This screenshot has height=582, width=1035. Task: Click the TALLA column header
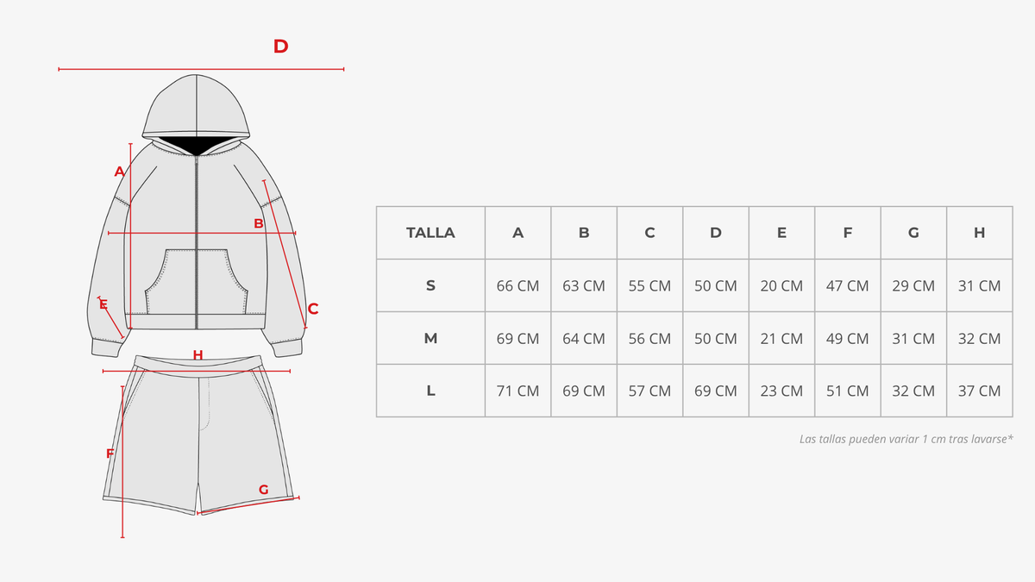[430, 232]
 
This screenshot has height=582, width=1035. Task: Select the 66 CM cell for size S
[517, 286]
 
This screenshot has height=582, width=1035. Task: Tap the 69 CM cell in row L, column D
[715, 391]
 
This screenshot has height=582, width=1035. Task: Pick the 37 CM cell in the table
[979, 391]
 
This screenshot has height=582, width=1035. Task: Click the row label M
[430, 339]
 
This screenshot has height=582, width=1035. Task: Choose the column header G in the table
[913, 232]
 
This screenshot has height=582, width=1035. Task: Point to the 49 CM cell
[847, 339]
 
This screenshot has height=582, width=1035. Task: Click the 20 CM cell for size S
[781, 286]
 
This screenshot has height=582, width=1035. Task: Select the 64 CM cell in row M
[584, 339]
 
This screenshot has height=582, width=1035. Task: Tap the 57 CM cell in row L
[649, 391]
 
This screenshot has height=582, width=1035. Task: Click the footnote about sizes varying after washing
[906, 439]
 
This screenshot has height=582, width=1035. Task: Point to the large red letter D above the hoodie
[280, 47]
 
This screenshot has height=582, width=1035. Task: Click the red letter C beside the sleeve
[313, 309]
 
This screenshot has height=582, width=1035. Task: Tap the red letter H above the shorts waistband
[198, 354]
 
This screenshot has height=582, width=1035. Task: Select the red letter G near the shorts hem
[263, 489]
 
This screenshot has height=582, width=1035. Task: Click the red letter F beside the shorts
[110, 454]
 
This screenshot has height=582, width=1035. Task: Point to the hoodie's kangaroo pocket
[197, 282]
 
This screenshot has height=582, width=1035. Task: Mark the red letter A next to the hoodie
[119, 172]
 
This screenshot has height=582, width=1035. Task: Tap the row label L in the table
[430, 391]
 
